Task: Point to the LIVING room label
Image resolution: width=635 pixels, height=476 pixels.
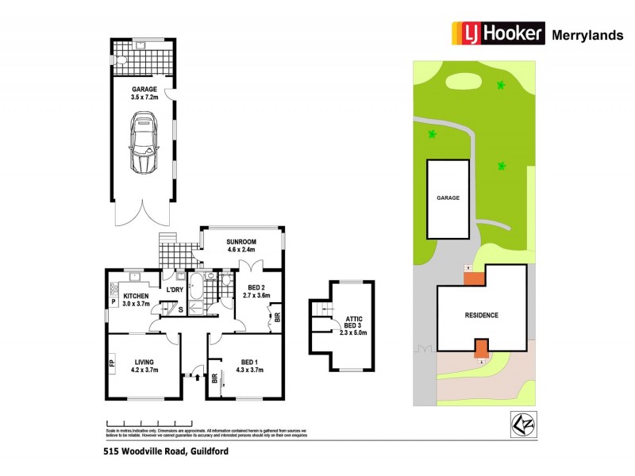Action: (144, 365)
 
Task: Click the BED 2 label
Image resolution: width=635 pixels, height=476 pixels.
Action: (256, 291)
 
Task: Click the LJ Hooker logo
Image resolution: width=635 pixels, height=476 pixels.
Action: (498, 33)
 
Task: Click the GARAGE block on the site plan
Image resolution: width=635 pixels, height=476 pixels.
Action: (448, 198)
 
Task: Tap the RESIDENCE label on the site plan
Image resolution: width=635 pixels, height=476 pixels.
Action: (481, 315)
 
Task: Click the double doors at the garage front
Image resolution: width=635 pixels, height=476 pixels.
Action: (144, 213)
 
